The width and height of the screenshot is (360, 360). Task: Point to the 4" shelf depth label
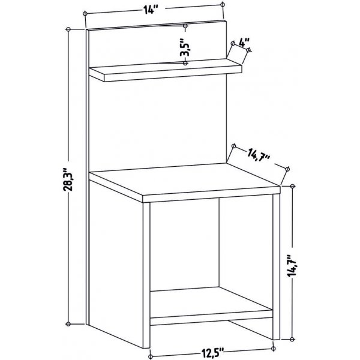[243, 43]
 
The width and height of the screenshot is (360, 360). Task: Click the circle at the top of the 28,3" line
[70, 29]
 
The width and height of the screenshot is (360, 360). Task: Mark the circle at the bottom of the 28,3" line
[70, 325]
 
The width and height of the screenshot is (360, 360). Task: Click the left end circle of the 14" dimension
[86, 11]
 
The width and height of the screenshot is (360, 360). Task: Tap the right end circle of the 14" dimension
[223, 5]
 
